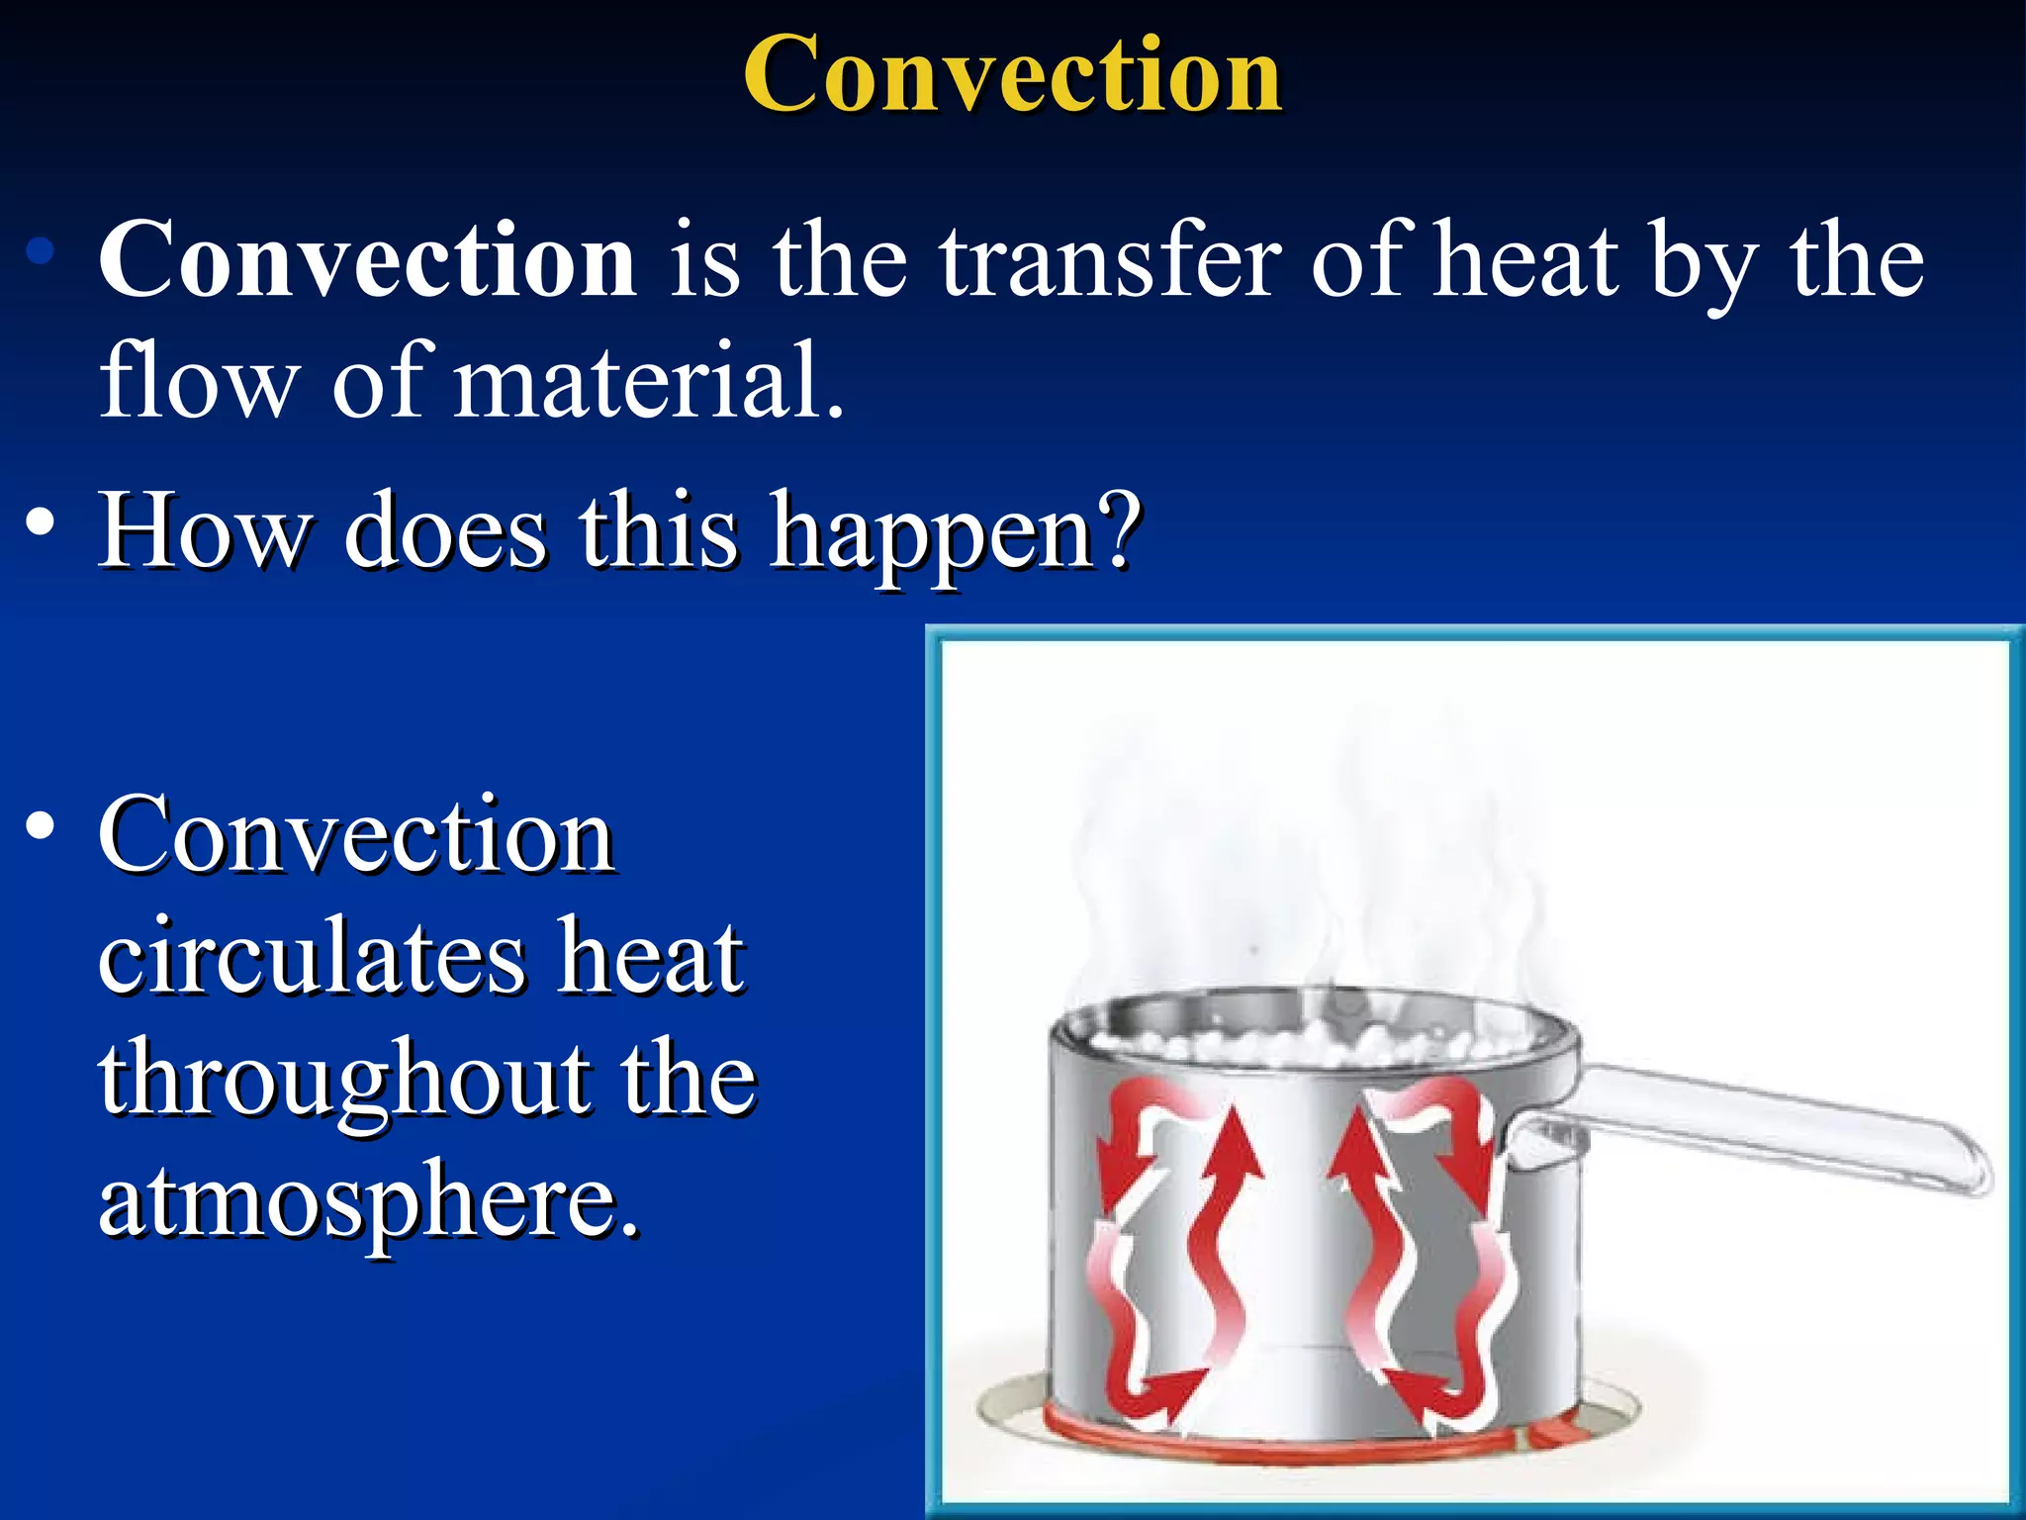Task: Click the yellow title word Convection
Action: click(x=1012, y=74)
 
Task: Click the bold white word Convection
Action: click(x=367, y=259)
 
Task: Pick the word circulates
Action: click(x=312, y=957)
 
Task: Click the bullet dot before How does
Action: click(x=41, y=522)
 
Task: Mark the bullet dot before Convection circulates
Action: click(x=41, y=825)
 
